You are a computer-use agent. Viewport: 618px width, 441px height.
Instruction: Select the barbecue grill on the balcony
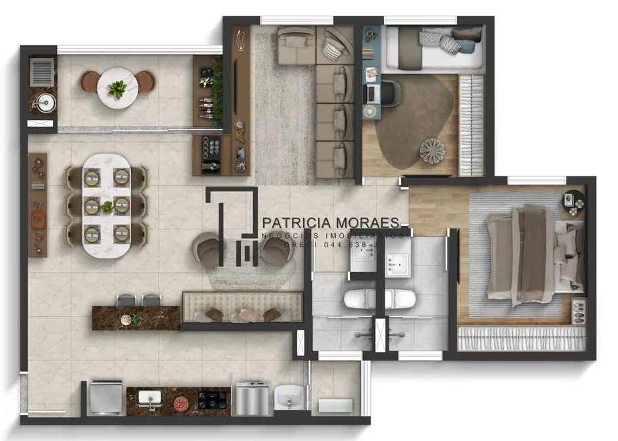[x=42, y=70]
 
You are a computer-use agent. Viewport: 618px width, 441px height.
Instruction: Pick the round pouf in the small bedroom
[x=430, y=150]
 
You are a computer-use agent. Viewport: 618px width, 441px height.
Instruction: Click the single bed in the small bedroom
[x=434, y=49]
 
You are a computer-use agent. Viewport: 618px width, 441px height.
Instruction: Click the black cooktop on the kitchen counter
[x=213, y=399]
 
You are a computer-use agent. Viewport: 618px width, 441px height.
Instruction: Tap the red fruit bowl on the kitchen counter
[x=181, y=402]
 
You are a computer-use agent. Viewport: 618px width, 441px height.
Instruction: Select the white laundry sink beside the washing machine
[x=291, y=396]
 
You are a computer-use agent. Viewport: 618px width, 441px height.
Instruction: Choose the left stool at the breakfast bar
[x=126, y=300]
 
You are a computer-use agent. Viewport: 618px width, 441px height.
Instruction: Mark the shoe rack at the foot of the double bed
[x=521, y=339]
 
